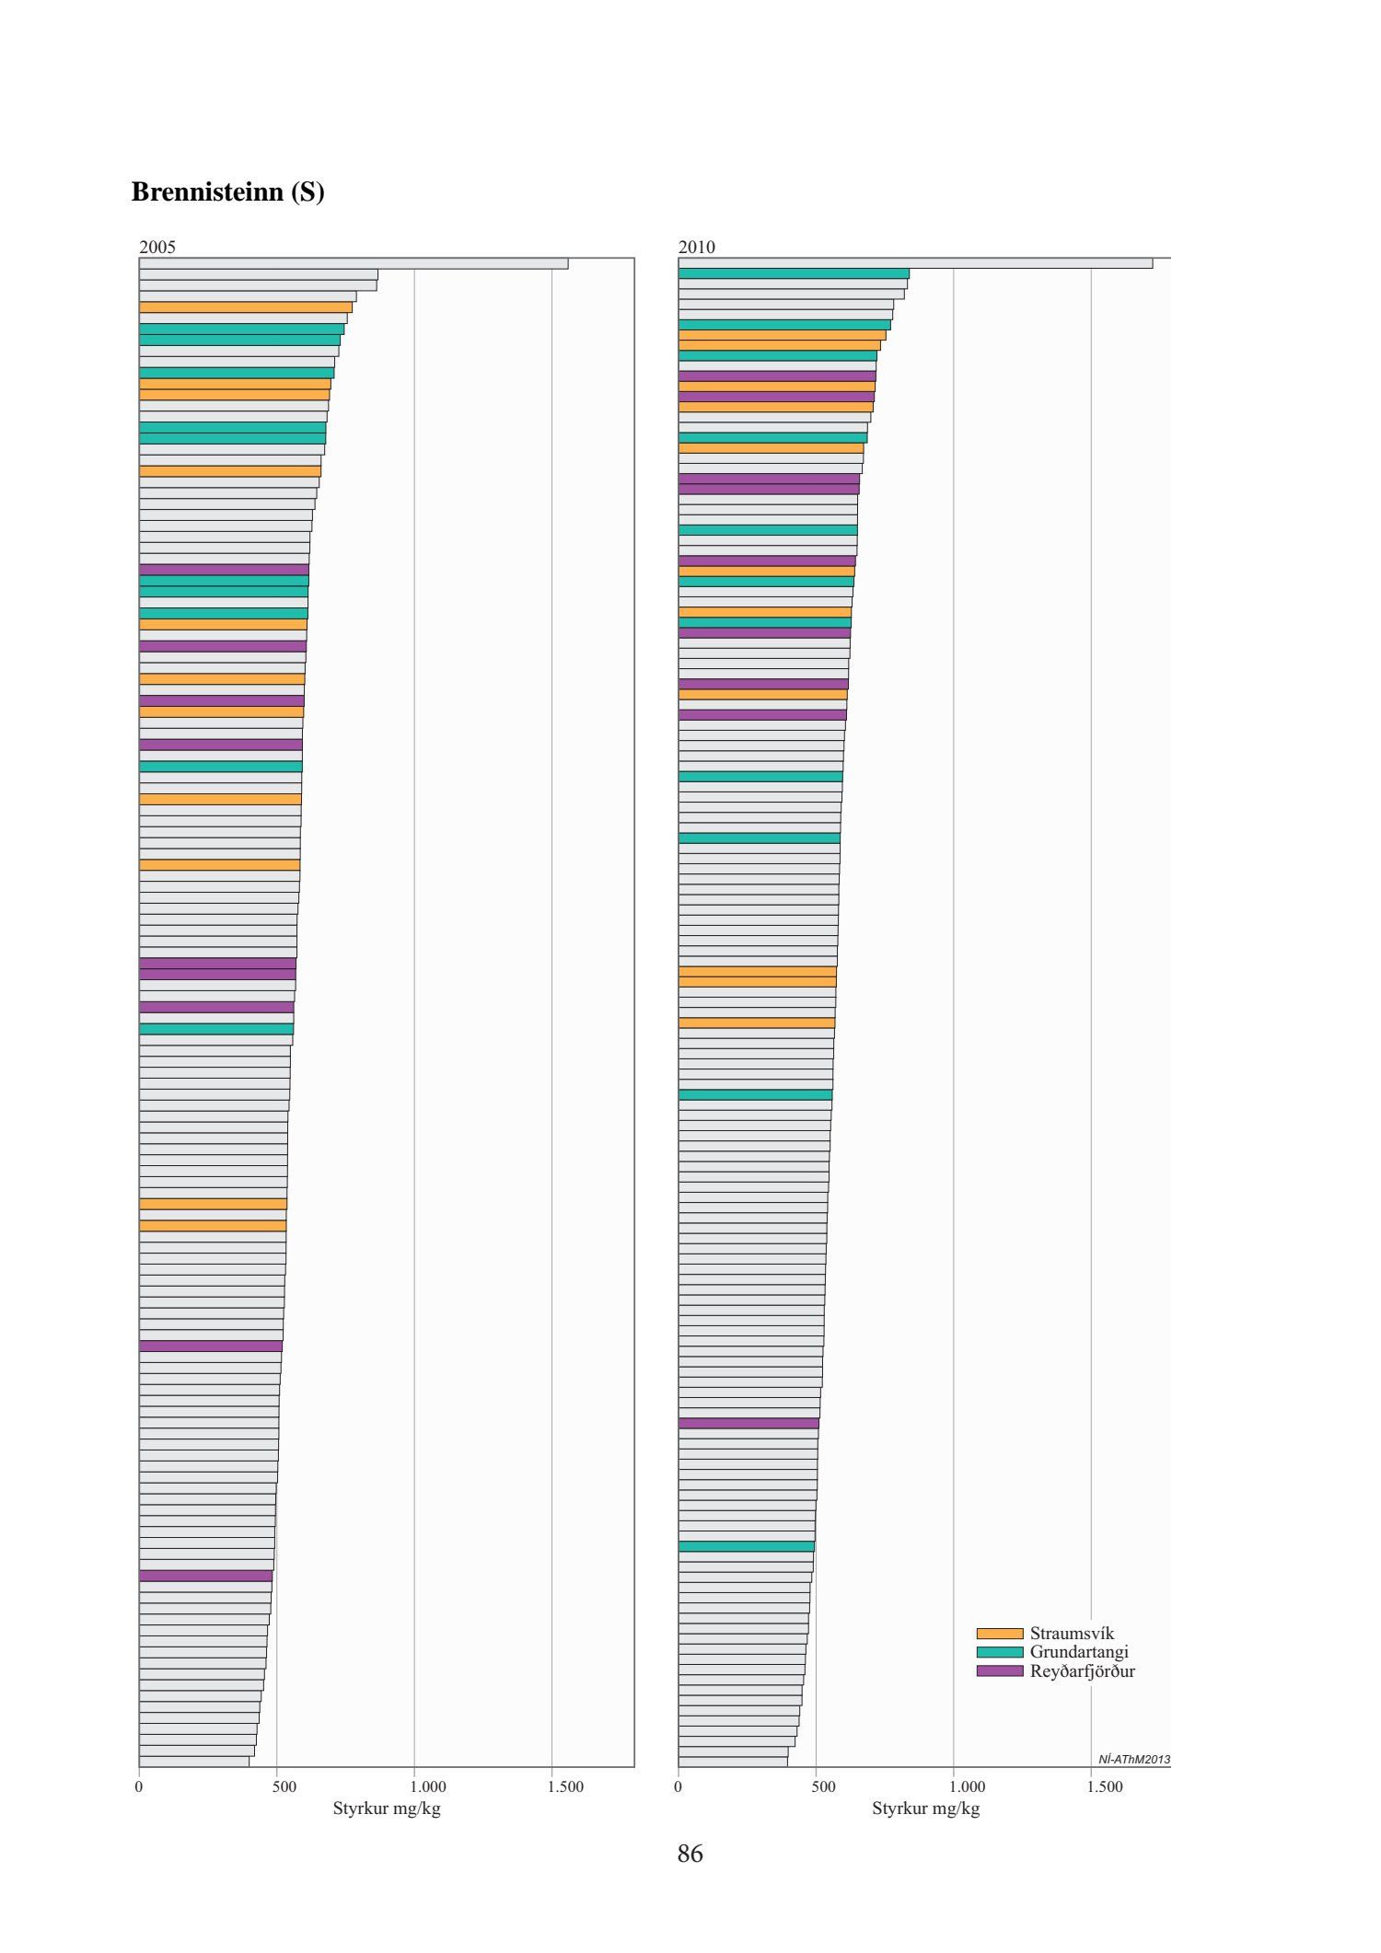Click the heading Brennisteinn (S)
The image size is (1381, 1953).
[x=227, y=191]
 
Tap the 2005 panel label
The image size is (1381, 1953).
[x=157, y=247]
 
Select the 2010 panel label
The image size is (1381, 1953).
[x=696, y=247]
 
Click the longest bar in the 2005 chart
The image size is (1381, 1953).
[x=354, y=263]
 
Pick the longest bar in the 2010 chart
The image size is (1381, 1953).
[x=915, y=263]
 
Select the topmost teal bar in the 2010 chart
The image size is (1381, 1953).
[x=794, y=273]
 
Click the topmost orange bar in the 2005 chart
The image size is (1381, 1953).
[x=245, y=307]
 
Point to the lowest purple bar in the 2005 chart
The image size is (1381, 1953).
[x=205, y=1576]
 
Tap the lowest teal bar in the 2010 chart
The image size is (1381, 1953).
[x=746, y=1546]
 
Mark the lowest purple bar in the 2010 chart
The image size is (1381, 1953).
[x=749, y=1423]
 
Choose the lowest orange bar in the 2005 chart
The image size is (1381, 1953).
[x=213, y=1226]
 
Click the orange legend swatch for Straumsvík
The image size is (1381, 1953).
[x=999, y=1634]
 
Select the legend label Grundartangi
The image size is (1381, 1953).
[x=1078, y=1652]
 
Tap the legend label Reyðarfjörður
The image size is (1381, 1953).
[x=1082, y=1671]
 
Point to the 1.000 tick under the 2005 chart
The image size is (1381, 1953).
[x=428, y=1786]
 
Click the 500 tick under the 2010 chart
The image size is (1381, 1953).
[x=823, y=1786]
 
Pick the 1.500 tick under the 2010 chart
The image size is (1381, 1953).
[x=1105, y=1786]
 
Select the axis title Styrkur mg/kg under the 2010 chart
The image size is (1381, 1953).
[x=925, y=1809]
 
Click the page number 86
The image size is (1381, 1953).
[x=690, y=1854]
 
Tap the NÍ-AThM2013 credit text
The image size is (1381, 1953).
[x=1133, y=1760]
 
